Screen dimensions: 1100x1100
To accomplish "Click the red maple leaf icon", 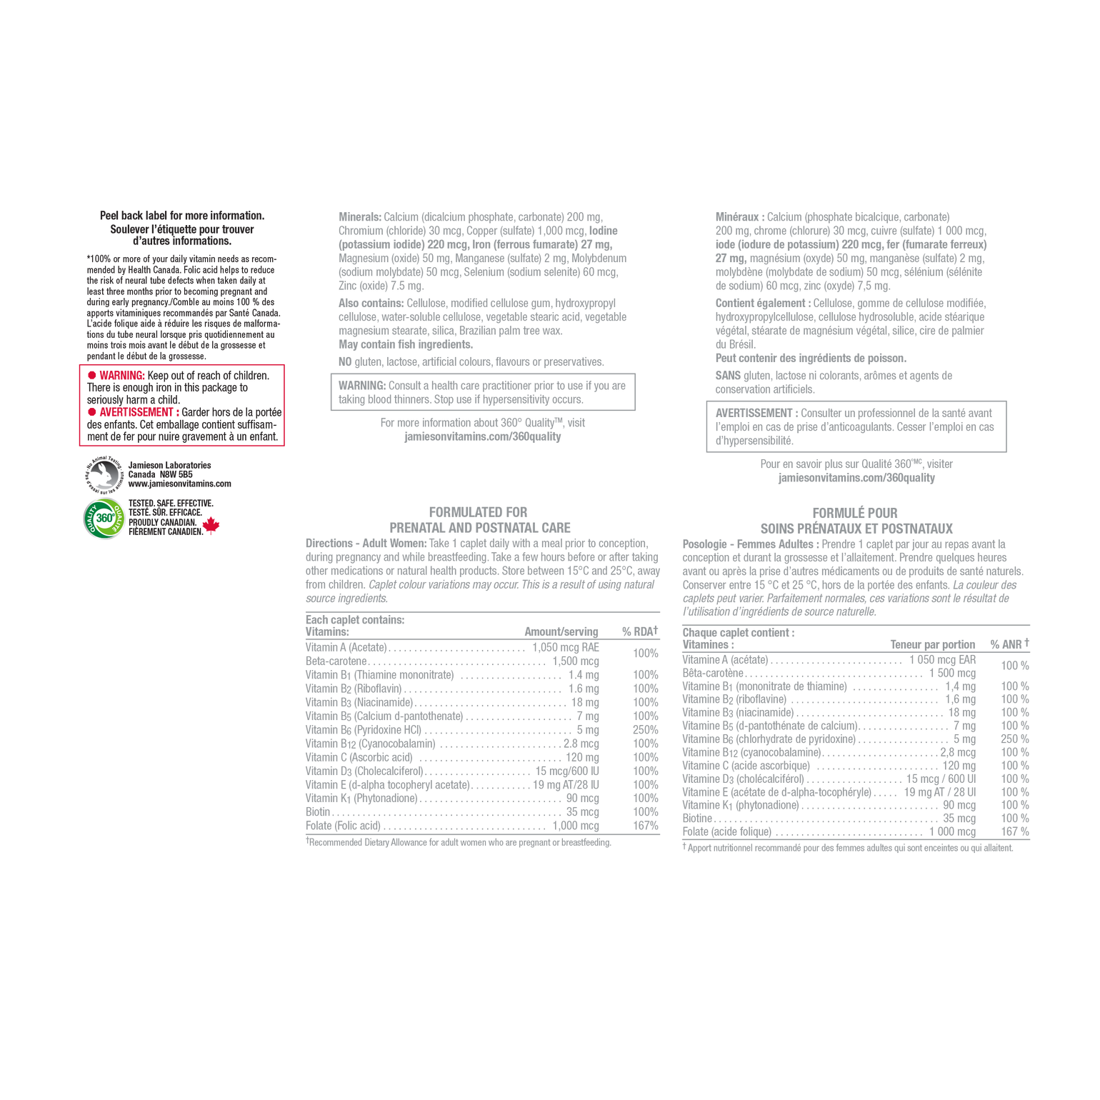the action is pos(211,526).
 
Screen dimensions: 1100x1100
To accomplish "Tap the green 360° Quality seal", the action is pos(104,518).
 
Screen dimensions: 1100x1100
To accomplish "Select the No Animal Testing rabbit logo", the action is pos(104,474).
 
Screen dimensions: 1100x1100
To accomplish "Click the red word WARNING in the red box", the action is pos(122,376).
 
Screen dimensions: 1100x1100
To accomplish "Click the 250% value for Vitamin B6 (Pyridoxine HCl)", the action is pos(646,730).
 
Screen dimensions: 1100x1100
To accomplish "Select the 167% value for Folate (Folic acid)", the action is pos(646,826).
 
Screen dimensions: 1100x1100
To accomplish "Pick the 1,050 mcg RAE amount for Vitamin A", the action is pos(566,647).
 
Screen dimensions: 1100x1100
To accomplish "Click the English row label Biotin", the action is pos(318,812).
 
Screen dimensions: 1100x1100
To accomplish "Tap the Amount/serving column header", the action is pos(561,631).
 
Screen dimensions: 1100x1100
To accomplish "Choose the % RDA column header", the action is pos(640,631).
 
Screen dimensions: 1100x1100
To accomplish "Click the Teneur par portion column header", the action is pos(933,644).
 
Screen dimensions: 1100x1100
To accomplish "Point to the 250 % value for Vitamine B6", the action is pos(1015,739).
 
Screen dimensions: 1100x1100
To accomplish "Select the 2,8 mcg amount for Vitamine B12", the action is pos(958,752).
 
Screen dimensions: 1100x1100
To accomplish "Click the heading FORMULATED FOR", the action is pos(479,512).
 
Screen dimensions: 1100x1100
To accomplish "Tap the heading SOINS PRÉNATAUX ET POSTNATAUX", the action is pos(856,529).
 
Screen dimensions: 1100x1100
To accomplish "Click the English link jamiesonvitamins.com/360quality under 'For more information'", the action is pos(483,436).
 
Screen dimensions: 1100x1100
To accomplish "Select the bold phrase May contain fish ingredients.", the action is pos(406,344).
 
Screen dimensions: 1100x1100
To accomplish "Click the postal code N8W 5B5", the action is pos(176,474).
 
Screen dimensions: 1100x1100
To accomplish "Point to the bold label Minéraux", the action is pos(740,217).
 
